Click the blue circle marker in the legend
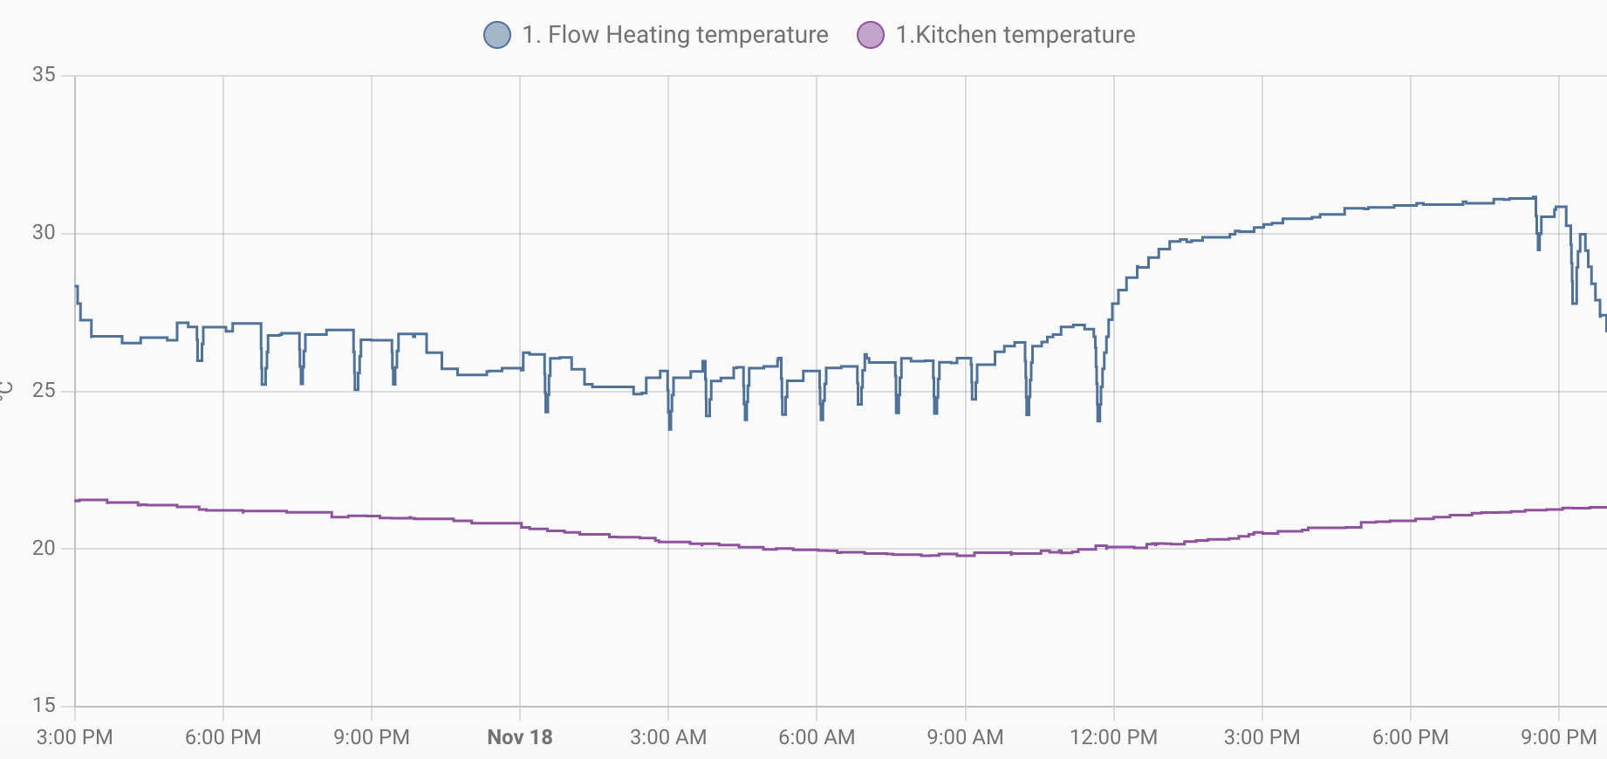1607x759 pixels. click(497, 35)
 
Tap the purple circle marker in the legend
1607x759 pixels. click(871, 35)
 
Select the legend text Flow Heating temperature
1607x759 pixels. click(674, 35)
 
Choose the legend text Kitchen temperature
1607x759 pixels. click(1015, 35)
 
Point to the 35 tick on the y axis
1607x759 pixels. click(44, 75)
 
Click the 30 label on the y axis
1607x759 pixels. click(44, 233)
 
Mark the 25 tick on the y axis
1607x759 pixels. click(44, 391)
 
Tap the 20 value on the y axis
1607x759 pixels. click(44, 549)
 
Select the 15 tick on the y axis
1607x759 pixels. click(44, 705)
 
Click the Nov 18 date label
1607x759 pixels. click(520, 737)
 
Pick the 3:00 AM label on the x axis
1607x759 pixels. click(668, 737)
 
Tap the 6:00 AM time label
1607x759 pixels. click(817, 737)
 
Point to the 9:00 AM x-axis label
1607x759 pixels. click(965, 737)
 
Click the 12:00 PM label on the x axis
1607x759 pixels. click(1113, 737)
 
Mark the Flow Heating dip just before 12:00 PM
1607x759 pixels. click(1098, 420)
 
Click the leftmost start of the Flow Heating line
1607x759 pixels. click(76, 287)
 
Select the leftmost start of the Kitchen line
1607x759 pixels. click(76, 501)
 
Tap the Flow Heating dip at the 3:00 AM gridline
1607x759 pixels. click(670, 427)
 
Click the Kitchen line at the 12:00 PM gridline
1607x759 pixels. click(1114, 547)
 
